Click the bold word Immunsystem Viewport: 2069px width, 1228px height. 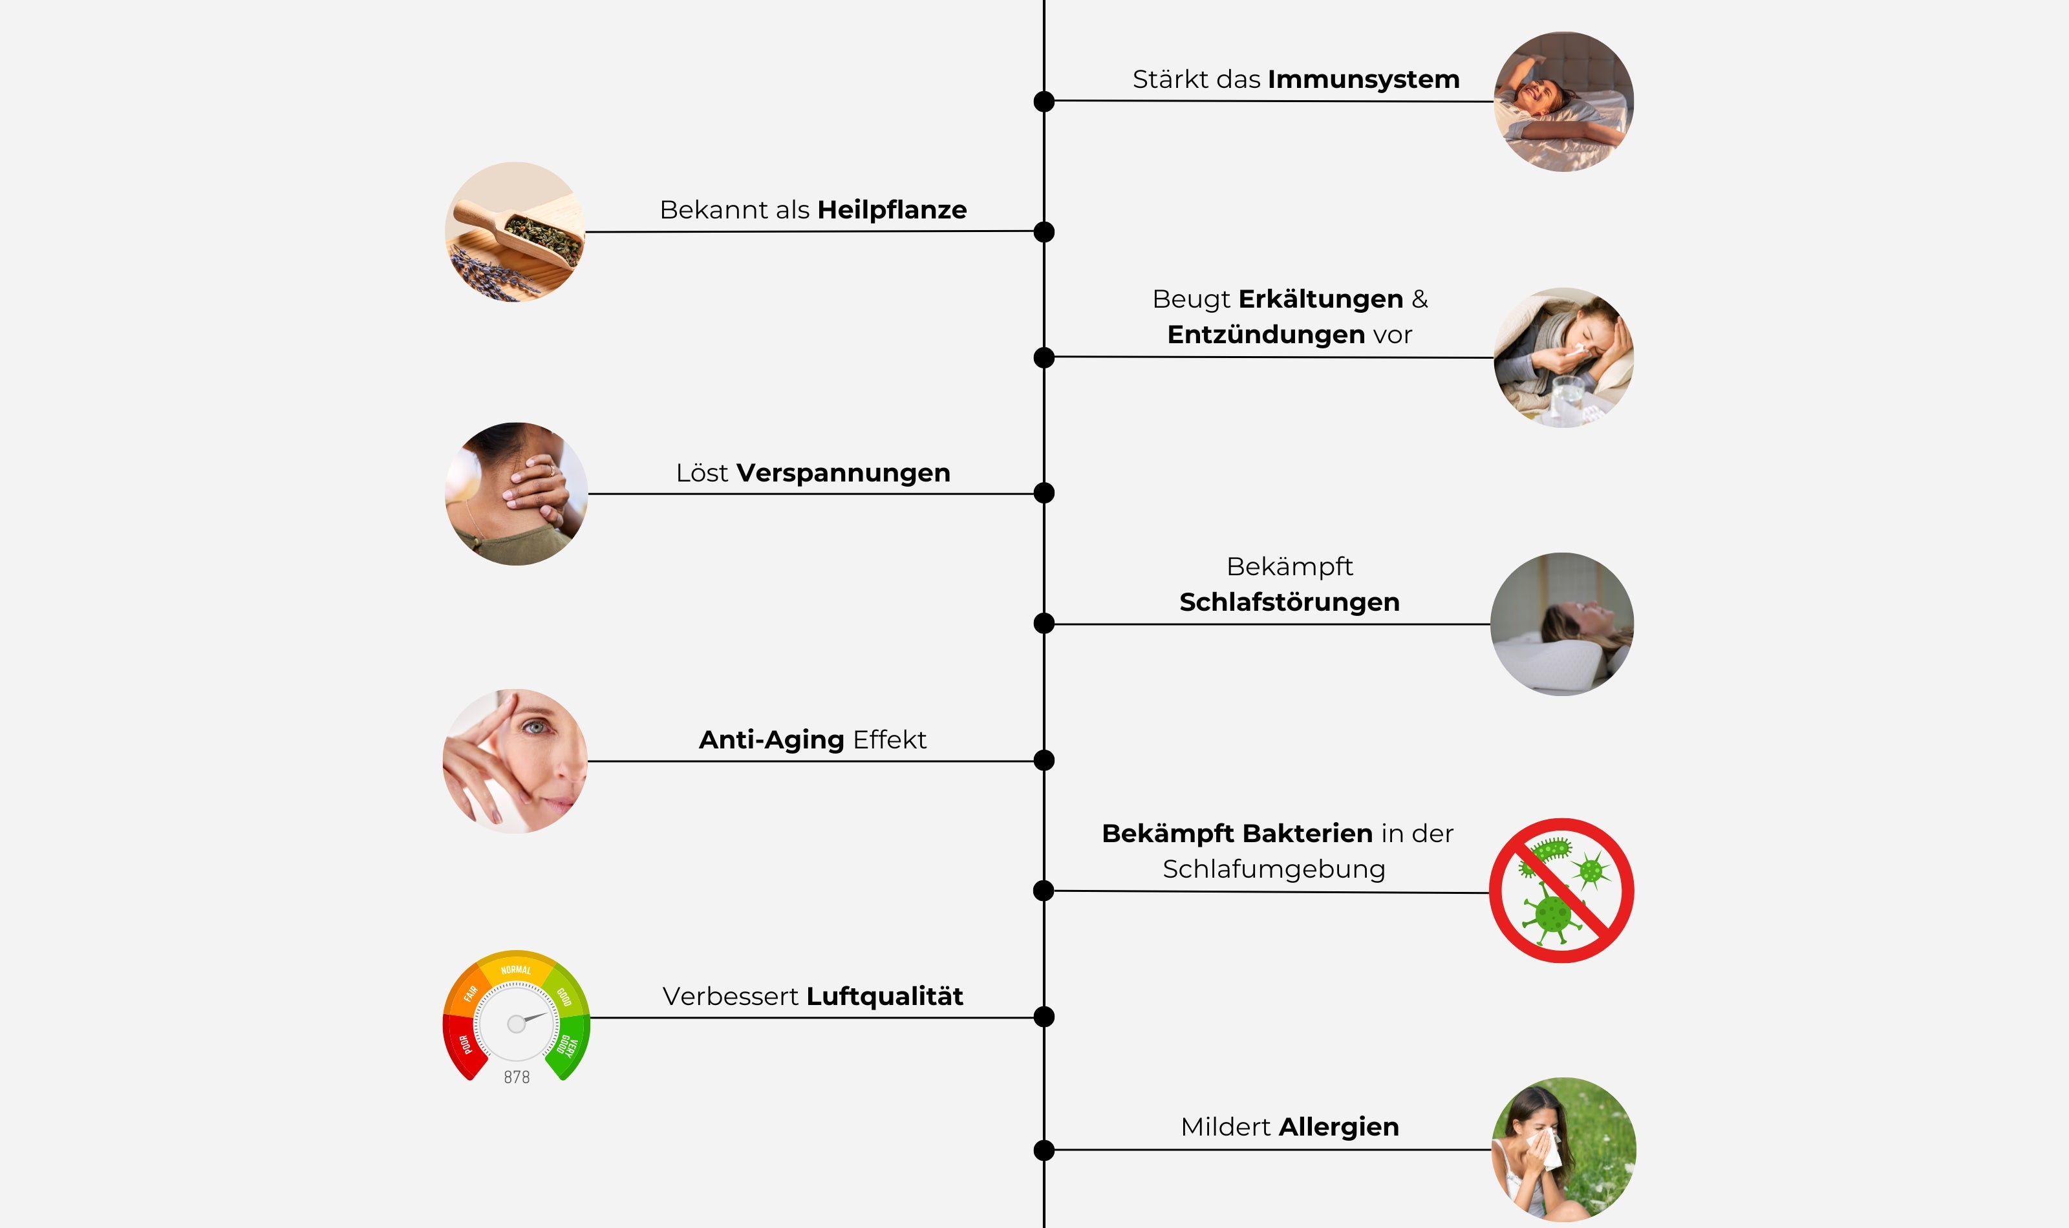click(x=1363, y=79)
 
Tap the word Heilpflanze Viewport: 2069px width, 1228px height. click(x=892, y=210)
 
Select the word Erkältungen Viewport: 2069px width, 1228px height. click(x=1320, y=299)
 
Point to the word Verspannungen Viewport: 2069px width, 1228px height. click(x=842, y=473)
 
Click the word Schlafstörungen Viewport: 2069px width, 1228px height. click(x=1289, y=602)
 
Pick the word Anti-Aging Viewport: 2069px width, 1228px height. click(x=771, y=740)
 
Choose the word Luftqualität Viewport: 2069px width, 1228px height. click(x=884, y=997)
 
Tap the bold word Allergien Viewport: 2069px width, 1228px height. click(x=1338, y=1127)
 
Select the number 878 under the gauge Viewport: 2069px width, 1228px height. click(x=517, y=1077)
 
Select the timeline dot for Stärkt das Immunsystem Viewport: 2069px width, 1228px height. click(x=1044, y=101)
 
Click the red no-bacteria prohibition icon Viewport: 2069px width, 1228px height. click(x=1561, y=891)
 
